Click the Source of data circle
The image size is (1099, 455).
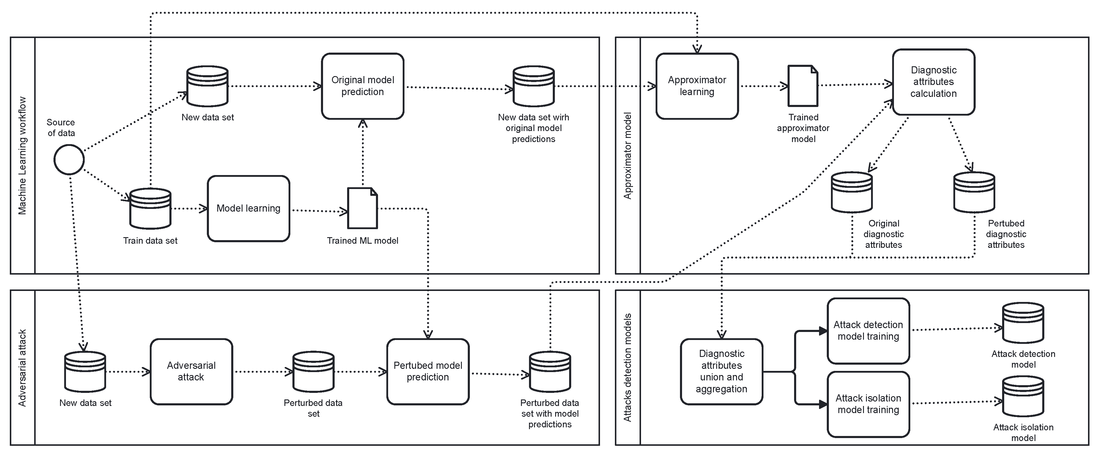[69, 159]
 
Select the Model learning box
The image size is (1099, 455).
[248, 208]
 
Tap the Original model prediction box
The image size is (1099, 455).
[362, 86]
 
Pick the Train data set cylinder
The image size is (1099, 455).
[150, 208]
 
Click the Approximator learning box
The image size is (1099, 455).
[697, 86]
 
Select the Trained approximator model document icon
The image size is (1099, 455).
[802, 86]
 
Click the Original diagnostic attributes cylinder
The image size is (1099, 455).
[851, 192]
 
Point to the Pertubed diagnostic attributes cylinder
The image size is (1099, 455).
[974, 192]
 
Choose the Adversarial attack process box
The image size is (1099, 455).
[191, 371]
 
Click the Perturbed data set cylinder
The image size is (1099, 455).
[313, 371]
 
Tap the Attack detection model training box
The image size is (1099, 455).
[868, 331]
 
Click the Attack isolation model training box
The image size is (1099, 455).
[868, 404]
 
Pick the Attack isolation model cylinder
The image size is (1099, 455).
[1023, 396]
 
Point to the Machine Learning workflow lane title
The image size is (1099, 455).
[22, 155]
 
